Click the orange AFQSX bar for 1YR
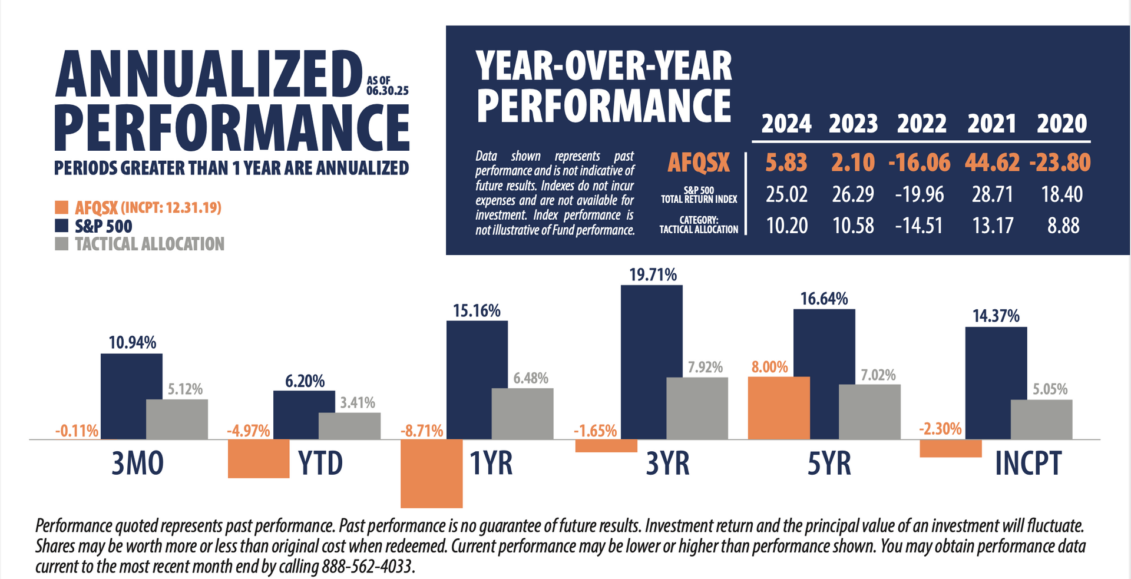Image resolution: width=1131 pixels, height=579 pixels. click(431, 473)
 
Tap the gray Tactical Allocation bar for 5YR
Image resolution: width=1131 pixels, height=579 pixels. click(869, 412)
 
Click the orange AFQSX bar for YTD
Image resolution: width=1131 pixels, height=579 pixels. click(259, 458)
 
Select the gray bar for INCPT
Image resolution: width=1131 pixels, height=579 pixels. click(1041, 419)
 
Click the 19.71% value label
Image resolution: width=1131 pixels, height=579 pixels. click(653, 275)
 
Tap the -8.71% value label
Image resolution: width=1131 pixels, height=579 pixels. click(422, 431)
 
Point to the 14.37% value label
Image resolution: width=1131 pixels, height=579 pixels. click(996, 316)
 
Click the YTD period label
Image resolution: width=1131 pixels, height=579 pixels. click(320, 463)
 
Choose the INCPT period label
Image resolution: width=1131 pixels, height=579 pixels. click(1028, 463)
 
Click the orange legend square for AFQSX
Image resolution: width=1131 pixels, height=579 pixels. click(61, 207)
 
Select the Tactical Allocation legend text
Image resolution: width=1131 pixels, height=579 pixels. click(150, 244)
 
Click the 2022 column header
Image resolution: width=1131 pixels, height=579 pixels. click(921, 124)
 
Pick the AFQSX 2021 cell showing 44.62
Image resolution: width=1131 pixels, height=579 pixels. click(992, 163)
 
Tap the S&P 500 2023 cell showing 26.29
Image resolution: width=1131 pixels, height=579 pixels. click(853, 194)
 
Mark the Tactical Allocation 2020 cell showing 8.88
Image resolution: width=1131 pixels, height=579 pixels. click(1063, 226)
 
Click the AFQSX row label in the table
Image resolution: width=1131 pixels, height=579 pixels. click(699, 163)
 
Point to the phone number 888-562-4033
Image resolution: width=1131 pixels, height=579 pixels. click(368, 567)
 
